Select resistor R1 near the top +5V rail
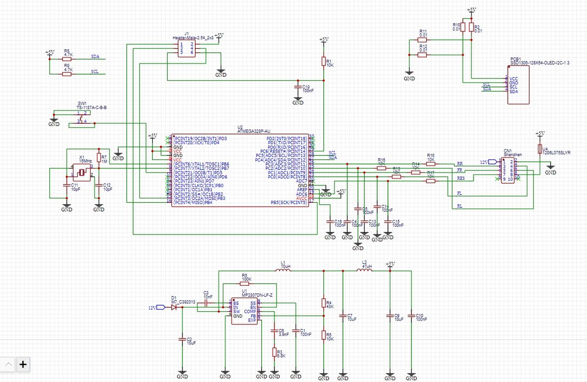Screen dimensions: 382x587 coord(323,61)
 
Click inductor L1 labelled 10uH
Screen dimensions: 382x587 coord(283,271)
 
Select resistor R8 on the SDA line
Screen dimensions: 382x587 coord(67,59)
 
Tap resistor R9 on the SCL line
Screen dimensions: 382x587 coord(67,74)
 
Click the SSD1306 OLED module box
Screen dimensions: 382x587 coord(518,85)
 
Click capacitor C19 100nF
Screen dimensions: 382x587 coord(297,87)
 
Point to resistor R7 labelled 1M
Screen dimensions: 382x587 coord(99,158)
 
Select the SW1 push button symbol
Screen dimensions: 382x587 coord(82,117)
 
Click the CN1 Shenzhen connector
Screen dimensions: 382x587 coord(508,170)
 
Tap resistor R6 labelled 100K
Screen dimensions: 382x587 coord(245,283)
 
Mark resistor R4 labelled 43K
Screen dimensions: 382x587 coord(323,303)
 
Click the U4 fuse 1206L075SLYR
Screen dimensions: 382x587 coord(540,149)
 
